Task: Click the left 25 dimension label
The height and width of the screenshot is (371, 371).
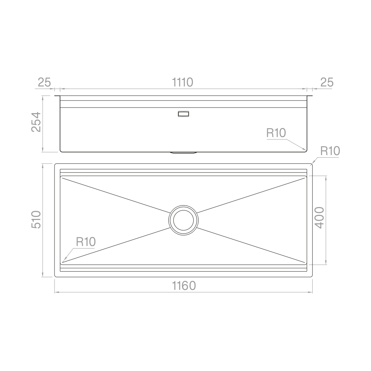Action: point(44,82)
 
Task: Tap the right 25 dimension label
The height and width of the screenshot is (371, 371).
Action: point(327,82)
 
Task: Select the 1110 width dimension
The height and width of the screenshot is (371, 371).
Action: point(183,82)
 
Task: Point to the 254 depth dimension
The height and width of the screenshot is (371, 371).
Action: point(36,122)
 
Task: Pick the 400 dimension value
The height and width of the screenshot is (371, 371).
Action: point(319,218)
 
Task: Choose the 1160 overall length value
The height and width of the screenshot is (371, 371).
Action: point(183,286)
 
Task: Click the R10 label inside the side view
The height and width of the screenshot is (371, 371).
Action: point(276,133)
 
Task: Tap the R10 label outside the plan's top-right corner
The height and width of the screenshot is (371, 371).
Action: point(330,151)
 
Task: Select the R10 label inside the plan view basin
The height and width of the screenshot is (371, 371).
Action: point(86,242)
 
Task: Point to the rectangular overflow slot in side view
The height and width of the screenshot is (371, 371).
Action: point(183,114)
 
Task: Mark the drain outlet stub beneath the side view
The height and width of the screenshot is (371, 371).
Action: point(183,152)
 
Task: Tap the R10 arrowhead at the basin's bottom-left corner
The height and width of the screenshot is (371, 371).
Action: point(63,261)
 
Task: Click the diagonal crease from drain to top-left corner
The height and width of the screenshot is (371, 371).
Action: point(115,195)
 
